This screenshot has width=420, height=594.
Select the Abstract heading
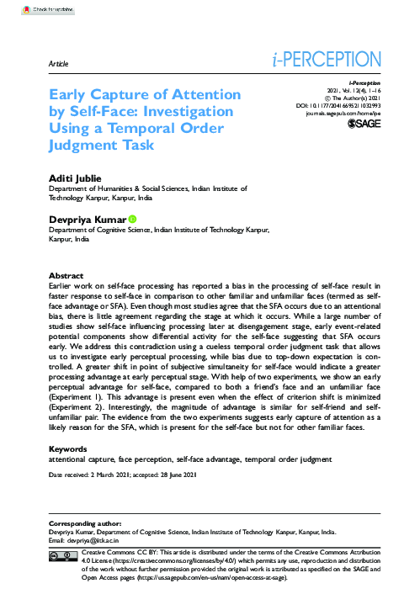67,276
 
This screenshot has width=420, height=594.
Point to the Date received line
124,476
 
